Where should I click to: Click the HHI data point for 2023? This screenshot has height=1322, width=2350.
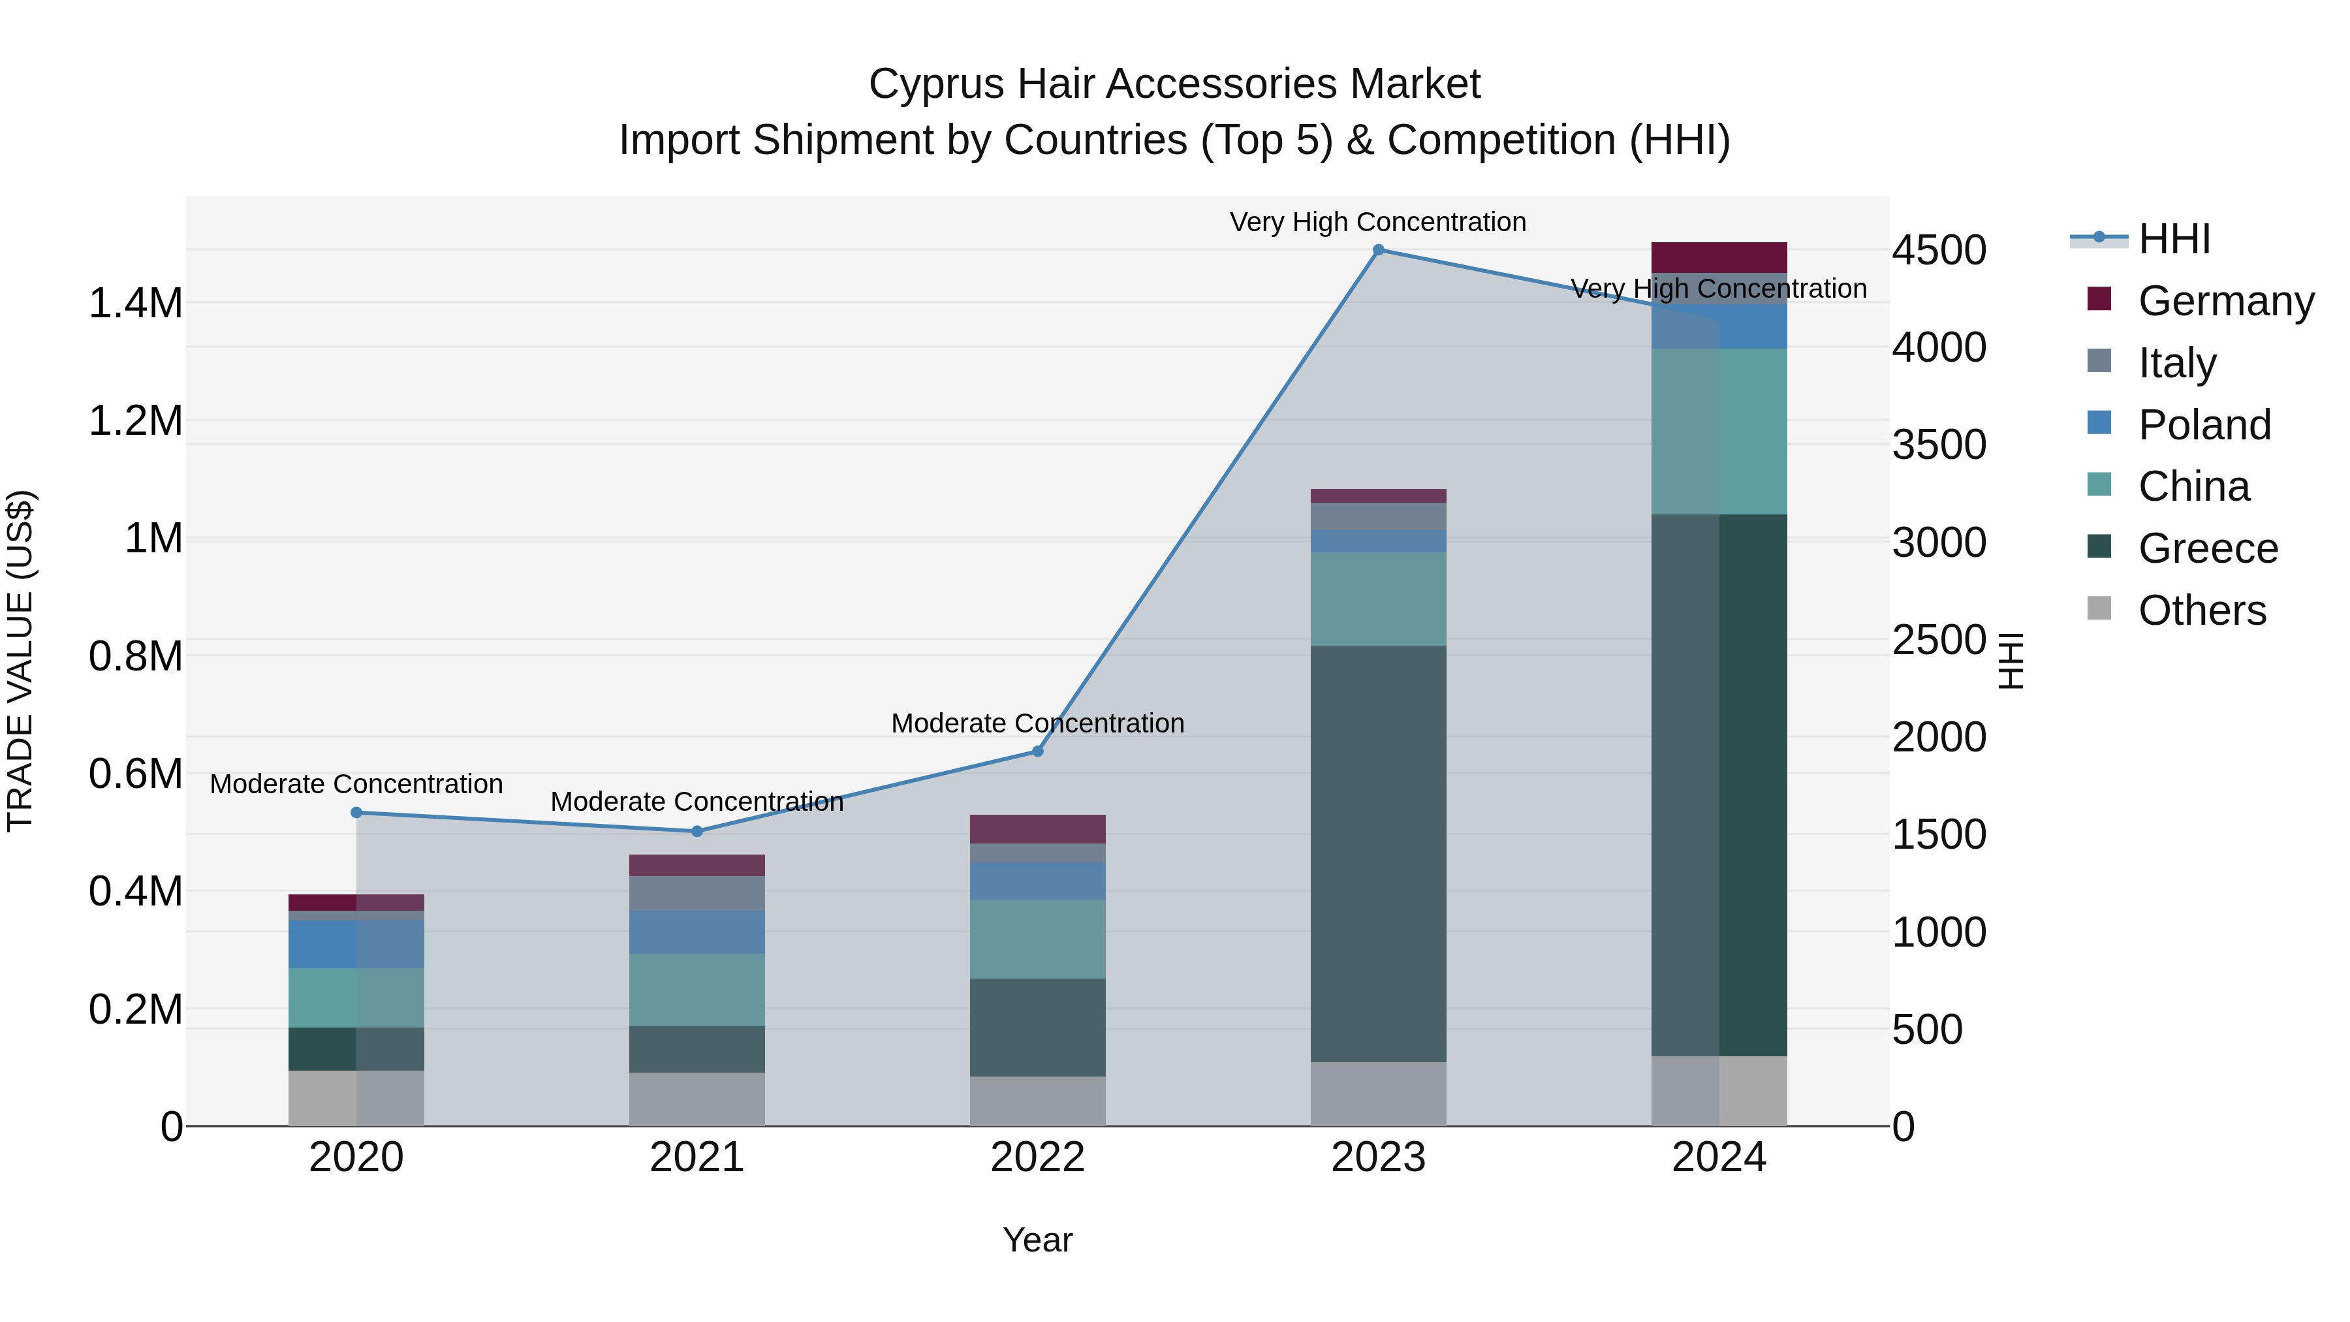1379,249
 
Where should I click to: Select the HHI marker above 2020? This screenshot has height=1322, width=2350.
356,812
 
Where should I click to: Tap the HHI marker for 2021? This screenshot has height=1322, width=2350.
697,831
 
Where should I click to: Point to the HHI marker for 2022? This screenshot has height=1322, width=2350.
1037,751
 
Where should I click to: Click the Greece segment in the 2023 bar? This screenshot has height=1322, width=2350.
1379,853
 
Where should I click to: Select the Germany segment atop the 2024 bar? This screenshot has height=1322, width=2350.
1719,257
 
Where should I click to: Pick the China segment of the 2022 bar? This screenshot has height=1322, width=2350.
1037,939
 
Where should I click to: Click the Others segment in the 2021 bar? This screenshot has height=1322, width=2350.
697,1099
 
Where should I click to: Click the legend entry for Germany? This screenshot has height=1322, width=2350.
2226,301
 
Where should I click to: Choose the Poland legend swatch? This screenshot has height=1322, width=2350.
2099,423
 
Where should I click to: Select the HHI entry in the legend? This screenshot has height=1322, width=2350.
2174,239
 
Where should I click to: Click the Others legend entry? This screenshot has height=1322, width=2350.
2201,610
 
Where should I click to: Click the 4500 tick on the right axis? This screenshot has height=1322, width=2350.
1939,250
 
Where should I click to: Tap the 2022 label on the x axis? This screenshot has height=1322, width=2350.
1037,1157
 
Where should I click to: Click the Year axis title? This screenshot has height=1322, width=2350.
1037,1240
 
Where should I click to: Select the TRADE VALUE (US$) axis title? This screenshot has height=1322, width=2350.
20,661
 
